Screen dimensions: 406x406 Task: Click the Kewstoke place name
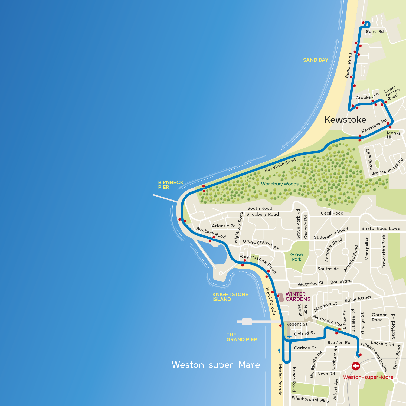click(x=345, y=119)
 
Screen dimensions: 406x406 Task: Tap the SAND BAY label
click(x=316, y=60)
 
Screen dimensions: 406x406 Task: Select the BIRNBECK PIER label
click(x=171, y=185)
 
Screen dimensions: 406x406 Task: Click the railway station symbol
click(x=356, y=366)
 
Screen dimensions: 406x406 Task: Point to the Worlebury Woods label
click(x=280, y=184)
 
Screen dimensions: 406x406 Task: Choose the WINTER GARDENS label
click(x=298, y=297)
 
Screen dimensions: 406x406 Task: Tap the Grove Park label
click(x=297, y=257)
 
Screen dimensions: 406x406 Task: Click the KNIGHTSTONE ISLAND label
click(x=230, y=297)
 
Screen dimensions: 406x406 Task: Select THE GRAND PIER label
click(x=242, y=337)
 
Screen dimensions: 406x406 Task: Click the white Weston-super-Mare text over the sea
click(x=216, y=365)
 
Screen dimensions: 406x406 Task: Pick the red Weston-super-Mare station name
click(x=368, y=377)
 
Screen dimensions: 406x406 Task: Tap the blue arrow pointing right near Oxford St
click(x=289, y=337)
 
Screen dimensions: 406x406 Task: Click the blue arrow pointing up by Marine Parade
click(x=279, y=351)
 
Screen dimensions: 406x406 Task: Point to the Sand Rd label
click(x=375, y=32)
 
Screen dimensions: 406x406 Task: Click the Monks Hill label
click(x=393, y=135)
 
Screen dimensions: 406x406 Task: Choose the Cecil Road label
click(x=332, y=213)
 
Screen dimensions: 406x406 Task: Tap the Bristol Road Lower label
click(x=381, y=228)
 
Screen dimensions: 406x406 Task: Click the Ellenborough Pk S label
click(x=310, y=399)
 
